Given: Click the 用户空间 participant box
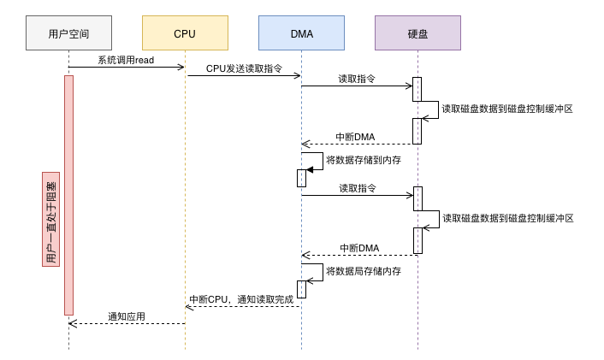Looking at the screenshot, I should [x=68, y=33].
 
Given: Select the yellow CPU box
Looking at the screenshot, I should [x=185, y=33].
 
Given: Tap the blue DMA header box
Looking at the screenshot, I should [x=301, y=33].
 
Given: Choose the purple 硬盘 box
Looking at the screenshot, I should [x=417, y=33].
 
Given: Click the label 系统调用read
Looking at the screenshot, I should [x=126, y=60].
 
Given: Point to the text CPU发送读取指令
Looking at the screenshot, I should [x=243, y=68].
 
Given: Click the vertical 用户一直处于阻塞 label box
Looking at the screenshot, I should [x=50, y=219].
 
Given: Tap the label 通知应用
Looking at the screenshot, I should [x=126, y=316].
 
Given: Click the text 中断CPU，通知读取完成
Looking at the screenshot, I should [x=241, y=299].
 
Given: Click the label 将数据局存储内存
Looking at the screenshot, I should [x=364, y=271].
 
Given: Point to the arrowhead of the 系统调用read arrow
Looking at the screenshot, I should [x=181, y=67].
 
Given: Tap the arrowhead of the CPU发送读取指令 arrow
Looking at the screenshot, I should [x=298, y=75].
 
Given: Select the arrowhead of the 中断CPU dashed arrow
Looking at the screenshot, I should [x=189, y=306].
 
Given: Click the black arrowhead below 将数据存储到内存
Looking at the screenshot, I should [x=310, y=169].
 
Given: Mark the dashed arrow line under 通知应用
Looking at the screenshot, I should [x=128, y=323].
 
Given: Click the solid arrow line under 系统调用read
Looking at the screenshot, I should [x=126, y=67].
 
